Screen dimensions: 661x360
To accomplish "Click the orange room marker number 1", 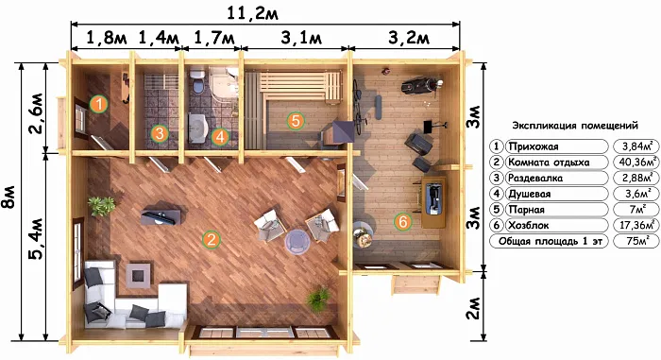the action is [x=98, y=104].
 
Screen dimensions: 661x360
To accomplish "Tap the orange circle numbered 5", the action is [x=296, y=121].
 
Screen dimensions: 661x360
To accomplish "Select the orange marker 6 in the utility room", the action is [x=403, y=221].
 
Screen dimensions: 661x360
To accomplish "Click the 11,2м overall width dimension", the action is [x=252, y=12].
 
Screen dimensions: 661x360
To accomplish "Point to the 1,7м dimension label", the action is [x=213, y=38].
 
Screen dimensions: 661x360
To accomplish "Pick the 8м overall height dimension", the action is [x=9, y=197].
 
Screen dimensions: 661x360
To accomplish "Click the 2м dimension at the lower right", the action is [x=474, y=308].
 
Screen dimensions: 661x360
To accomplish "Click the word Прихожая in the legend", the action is [x=534, y=146].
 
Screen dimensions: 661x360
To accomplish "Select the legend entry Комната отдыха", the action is [x=549, y=163].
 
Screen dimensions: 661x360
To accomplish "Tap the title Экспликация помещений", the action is [x=575, y=126].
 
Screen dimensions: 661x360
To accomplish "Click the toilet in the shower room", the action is [x=197, y=82].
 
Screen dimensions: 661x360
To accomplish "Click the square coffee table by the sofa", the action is [x=138, y=276].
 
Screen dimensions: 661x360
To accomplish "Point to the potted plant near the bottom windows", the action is [x=318, y=300].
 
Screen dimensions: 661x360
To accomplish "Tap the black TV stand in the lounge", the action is [x=161, y=214].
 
